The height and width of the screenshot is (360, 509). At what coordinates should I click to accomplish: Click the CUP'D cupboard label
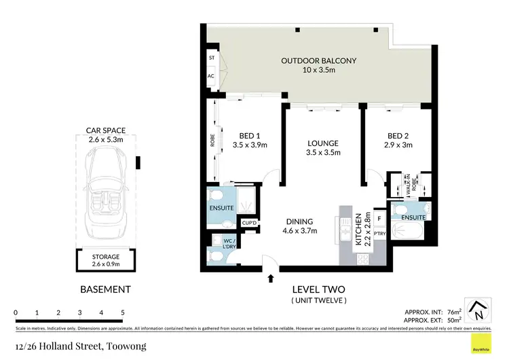pyautogui.click(x=248, y=223)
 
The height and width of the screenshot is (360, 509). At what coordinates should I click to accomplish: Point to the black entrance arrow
pyautogui.click(x=271, y=277)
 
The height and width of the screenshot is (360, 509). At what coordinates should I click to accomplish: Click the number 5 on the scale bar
pyautogui.click(x=123, y=312)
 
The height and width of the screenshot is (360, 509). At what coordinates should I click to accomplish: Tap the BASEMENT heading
pyautogui.click(x=105, y=289)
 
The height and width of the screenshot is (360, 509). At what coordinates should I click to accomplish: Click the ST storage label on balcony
pyautogui.click(x=212, y=58)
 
